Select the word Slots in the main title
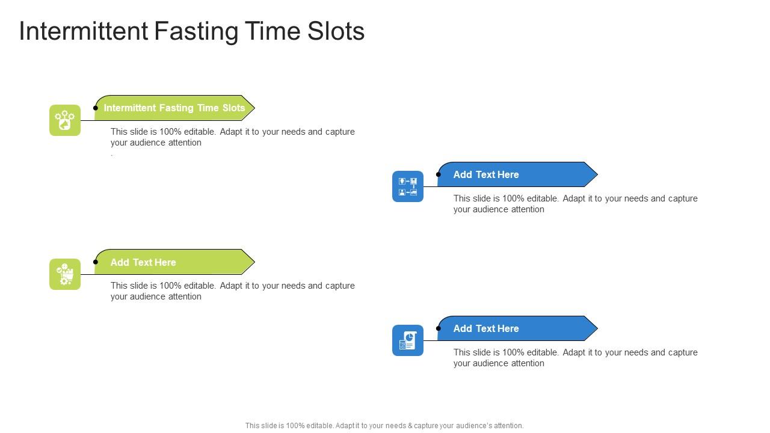(x=336, y=31)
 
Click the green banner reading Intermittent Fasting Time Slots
(x=174, y=108)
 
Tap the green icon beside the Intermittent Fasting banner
(x=65, y=120)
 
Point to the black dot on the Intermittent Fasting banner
(x=96, y=108)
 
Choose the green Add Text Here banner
(x=174, y=262)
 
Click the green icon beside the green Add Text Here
(x=65, y=274)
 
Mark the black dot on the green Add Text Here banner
(x=96, y=262)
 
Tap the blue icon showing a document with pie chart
(x=408, y=340)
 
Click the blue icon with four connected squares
(x=408, y=186)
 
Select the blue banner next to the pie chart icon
(x=517, y=328)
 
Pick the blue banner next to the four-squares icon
(x=517, y=174)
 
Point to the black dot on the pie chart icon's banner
(x=439, y=328)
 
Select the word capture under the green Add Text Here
(x=340, y=286)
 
